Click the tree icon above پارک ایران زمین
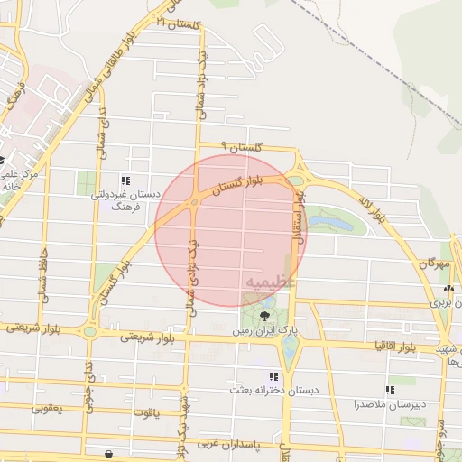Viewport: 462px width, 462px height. coord(264,316)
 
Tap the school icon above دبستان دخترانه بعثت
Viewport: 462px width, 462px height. coord(273,376)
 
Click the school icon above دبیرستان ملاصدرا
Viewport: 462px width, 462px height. coord(390,391)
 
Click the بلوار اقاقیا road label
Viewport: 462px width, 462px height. coord(394,346)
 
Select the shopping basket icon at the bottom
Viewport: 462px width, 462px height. coord(109,454)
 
